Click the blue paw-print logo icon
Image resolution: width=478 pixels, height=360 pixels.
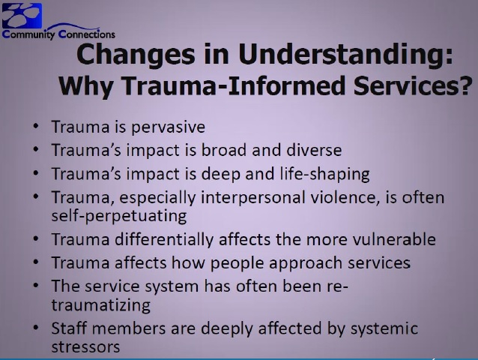click(x=22, y=16)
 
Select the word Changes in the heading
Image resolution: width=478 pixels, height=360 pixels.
click(x=136, y=55)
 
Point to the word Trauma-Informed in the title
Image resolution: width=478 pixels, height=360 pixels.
click(x=234, y=85)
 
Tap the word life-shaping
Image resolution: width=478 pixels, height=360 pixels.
click(x=325, y=175)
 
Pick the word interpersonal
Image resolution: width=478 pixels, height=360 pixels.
click(x=253, y=198)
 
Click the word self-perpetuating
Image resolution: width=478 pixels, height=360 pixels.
click(x=119, y=217)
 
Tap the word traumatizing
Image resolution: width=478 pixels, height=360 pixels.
click(x=101, y=305)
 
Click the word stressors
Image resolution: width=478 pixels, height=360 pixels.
click(x=85, y=347)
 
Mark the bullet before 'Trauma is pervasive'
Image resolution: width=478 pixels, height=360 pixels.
click(x=36, y=126)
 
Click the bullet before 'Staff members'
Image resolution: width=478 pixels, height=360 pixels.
click(x=36, y=327)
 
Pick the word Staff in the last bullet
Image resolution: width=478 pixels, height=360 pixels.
click(x=69, y=328)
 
